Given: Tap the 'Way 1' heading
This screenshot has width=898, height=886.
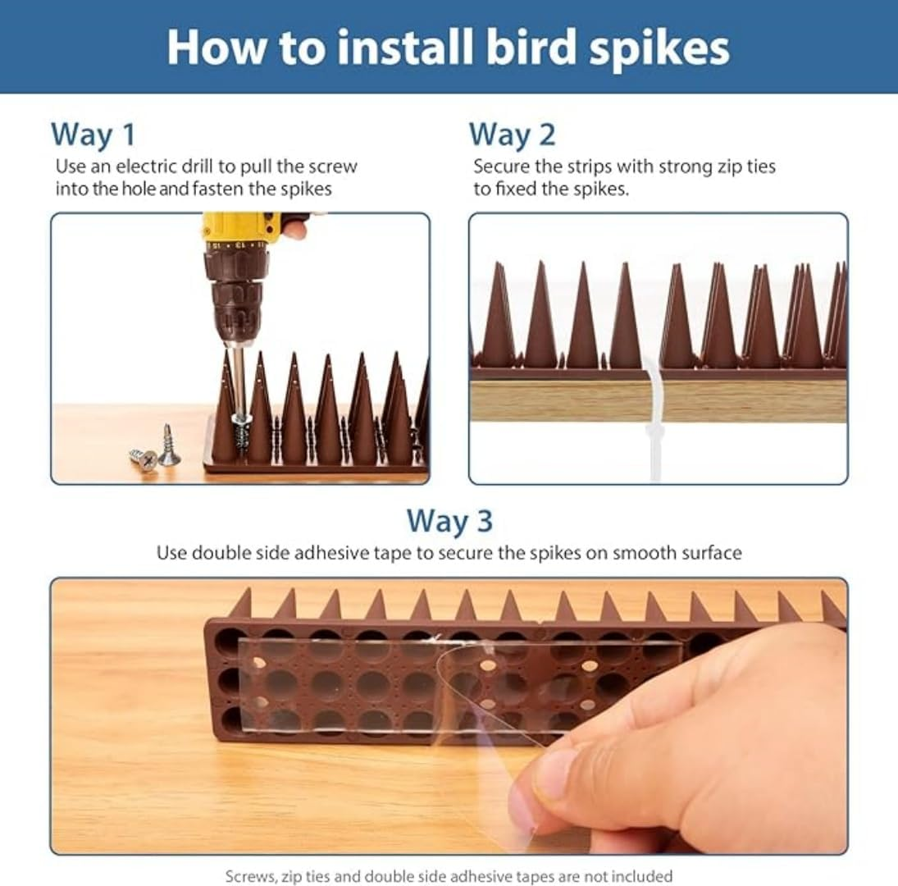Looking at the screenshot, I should [93, 134].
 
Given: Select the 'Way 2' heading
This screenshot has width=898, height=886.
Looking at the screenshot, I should [512, 134].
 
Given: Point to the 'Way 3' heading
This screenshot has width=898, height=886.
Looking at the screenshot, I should [449, 520].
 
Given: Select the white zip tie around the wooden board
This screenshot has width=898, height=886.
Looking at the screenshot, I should [655, 427].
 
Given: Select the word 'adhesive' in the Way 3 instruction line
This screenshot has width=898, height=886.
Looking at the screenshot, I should [346, 552].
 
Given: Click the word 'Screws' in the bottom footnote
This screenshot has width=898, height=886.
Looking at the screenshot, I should [249, 875].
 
